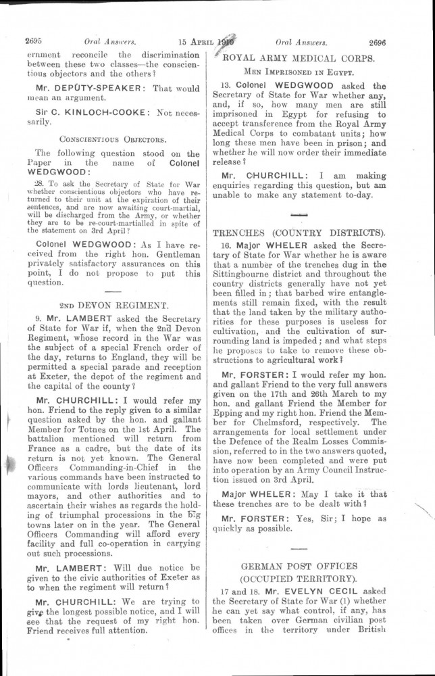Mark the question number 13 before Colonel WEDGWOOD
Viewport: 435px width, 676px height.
tap(226, 86)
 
